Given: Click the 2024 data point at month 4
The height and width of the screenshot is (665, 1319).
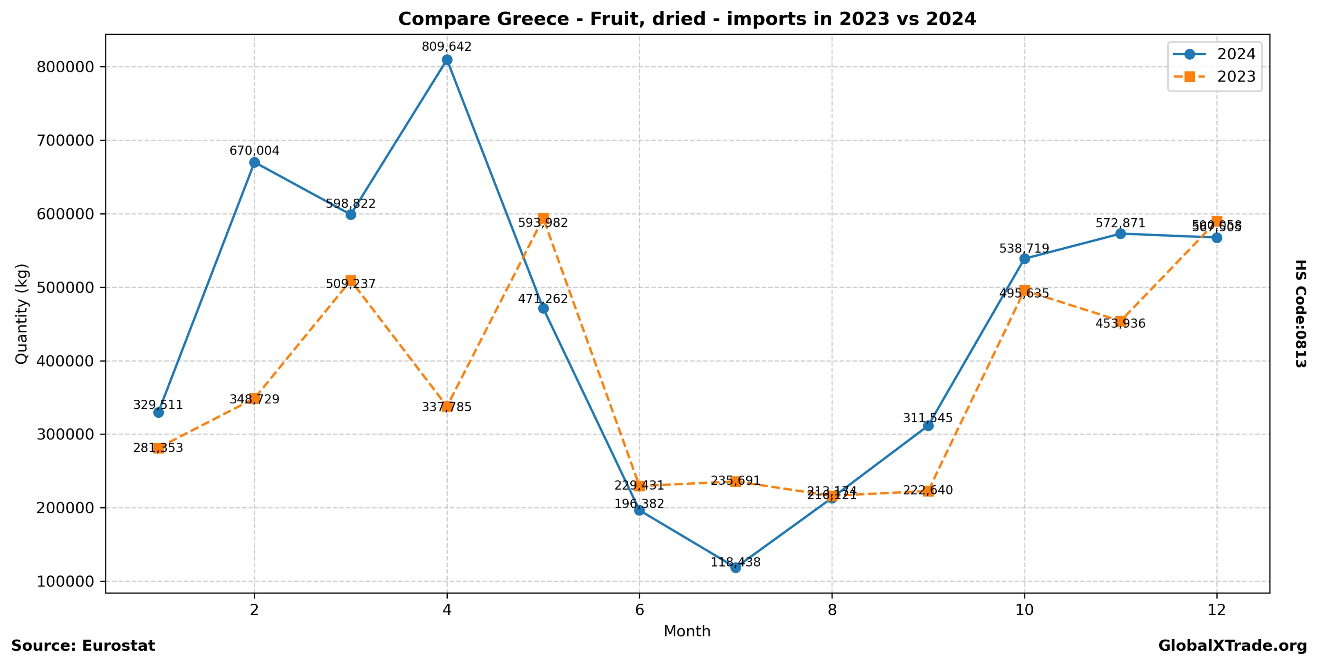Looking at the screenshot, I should [x=447, y=60].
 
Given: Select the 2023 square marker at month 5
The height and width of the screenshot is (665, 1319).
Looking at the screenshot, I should [x=543, y=218].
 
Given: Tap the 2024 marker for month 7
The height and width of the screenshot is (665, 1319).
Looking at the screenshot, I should [x=736, y=567].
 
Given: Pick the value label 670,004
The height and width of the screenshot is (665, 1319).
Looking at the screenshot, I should [x=254, y=151].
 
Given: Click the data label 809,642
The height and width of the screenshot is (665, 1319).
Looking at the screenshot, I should [x=446, y=47].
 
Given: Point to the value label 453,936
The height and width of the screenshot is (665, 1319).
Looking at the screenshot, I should [x=1120, y=324].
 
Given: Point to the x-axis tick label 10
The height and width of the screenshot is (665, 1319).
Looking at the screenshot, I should [x=1024, y=610].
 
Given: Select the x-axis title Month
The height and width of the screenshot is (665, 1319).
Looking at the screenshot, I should [x=687, y=631].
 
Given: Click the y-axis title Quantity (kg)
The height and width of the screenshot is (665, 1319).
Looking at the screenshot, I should [x=22, y=313].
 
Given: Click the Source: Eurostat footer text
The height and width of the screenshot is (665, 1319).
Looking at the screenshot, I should [x=83, y=645].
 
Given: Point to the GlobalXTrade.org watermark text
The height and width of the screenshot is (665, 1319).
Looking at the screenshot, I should [x=1232, y=645].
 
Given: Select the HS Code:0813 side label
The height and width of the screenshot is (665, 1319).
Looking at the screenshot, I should [x=1301, y=313].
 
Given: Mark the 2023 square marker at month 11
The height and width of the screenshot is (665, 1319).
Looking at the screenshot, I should [x=1120, y=321].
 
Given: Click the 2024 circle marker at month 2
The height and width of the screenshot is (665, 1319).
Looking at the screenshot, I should [x=254, y=162].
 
